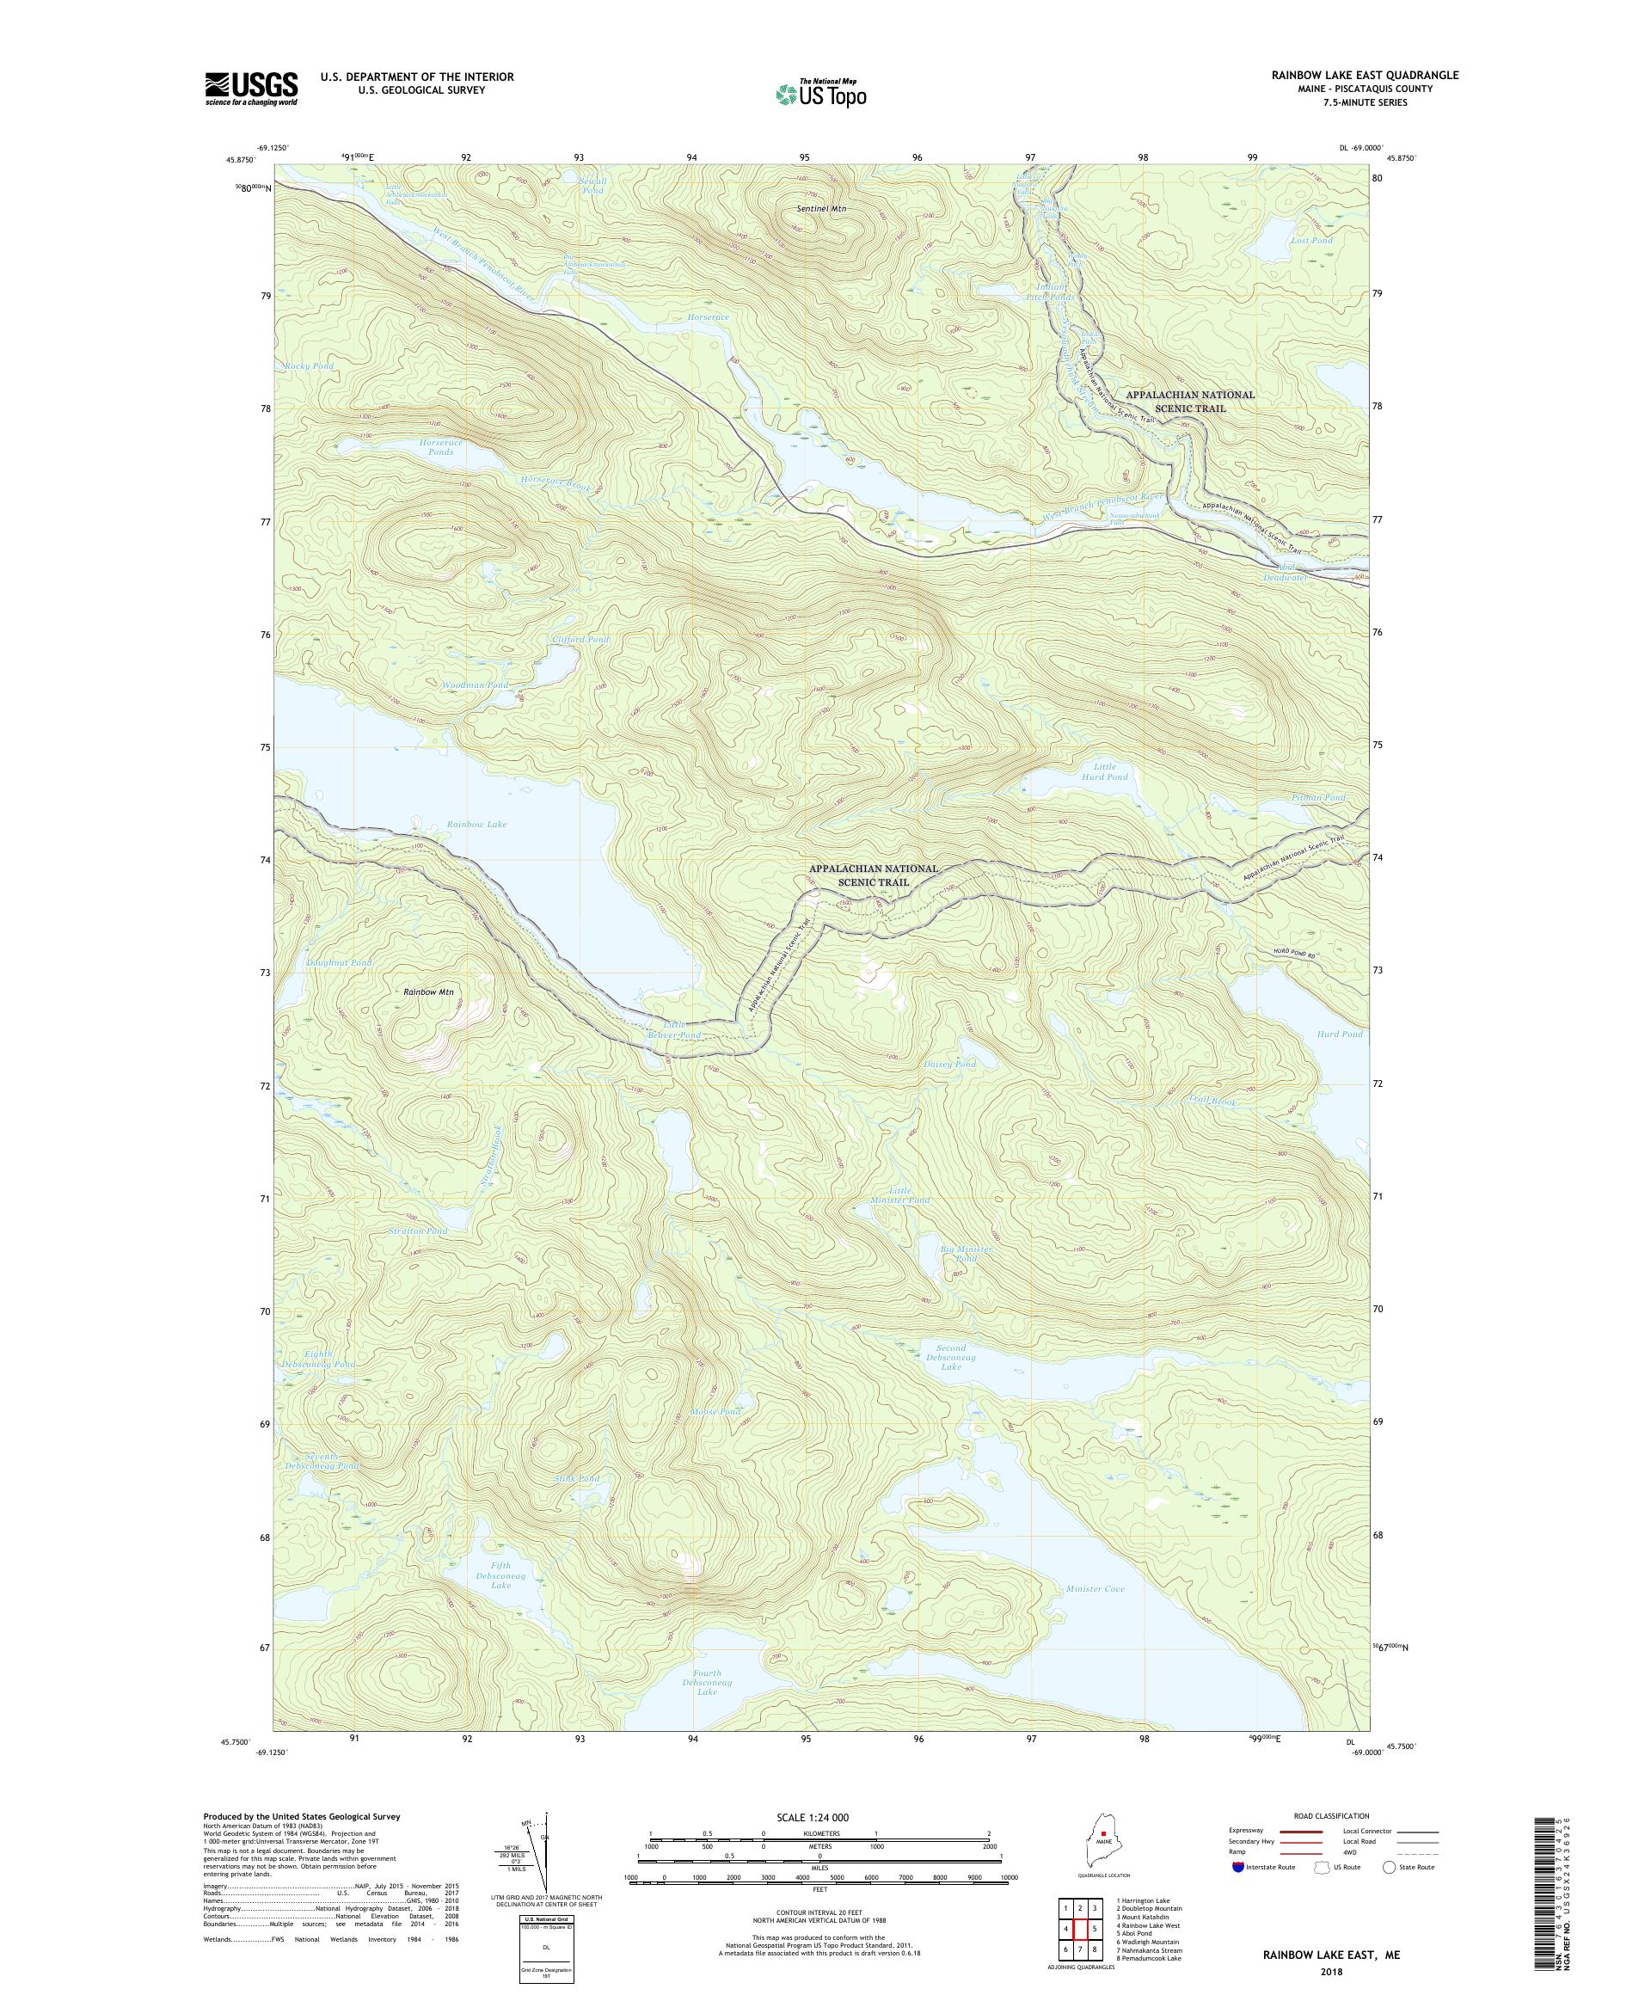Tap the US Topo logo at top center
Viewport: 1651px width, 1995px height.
820,92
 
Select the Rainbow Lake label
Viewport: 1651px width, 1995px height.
477,825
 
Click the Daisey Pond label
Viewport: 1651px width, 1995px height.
949,1064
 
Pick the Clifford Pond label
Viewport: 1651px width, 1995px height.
580,640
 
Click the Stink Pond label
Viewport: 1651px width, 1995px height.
577,1479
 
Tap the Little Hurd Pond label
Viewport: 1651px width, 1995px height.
1103,770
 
